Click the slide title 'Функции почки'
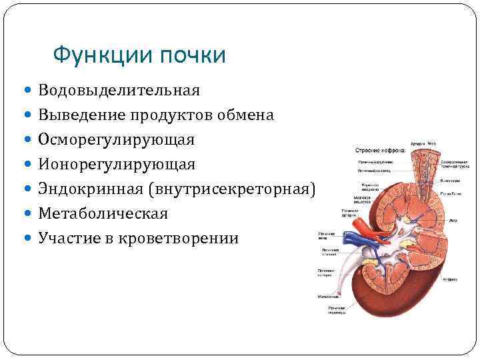click(139, 55)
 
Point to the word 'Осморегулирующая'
click(117, 139)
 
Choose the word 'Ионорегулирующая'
click(117, 164)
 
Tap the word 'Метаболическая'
click(103, 213)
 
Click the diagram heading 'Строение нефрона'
click(379, 151)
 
